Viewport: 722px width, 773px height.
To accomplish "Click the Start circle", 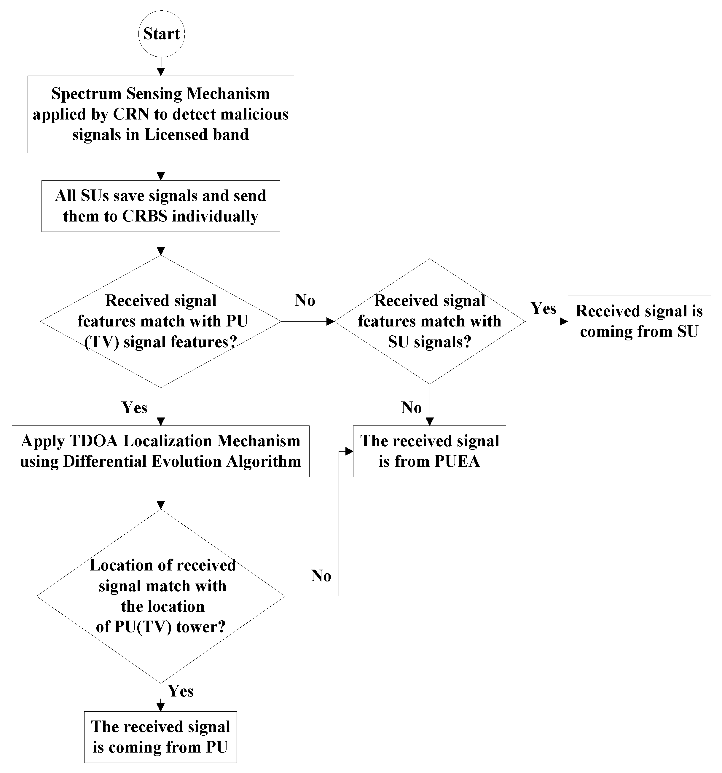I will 161,34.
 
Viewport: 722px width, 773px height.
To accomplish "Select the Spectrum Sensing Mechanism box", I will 161,114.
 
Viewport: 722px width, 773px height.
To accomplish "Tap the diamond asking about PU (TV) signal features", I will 161,322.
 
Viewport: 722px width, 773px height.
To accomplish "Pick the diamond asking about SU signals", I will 429,322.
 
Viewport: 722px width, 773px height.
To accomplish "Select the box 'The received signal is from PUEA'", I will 429,451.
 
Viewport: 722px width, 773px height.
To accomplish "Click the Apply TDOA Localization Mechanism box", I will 161,451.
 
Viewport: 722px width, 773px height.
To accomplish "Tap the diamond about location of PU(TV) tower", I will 161,596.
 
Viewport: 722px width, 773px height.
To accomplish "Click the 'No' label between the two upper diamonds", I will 305,300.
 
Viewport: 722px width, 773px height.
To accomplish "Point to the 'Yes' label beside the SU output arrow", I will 543,308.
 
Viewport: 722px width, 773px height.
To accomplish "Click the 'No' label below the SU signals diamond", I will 411,407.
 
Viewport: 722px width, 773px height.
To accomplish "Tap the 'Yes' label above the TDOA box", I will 135,407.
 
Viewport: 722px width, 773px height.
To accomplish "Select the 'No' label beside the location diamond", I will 321,576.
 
